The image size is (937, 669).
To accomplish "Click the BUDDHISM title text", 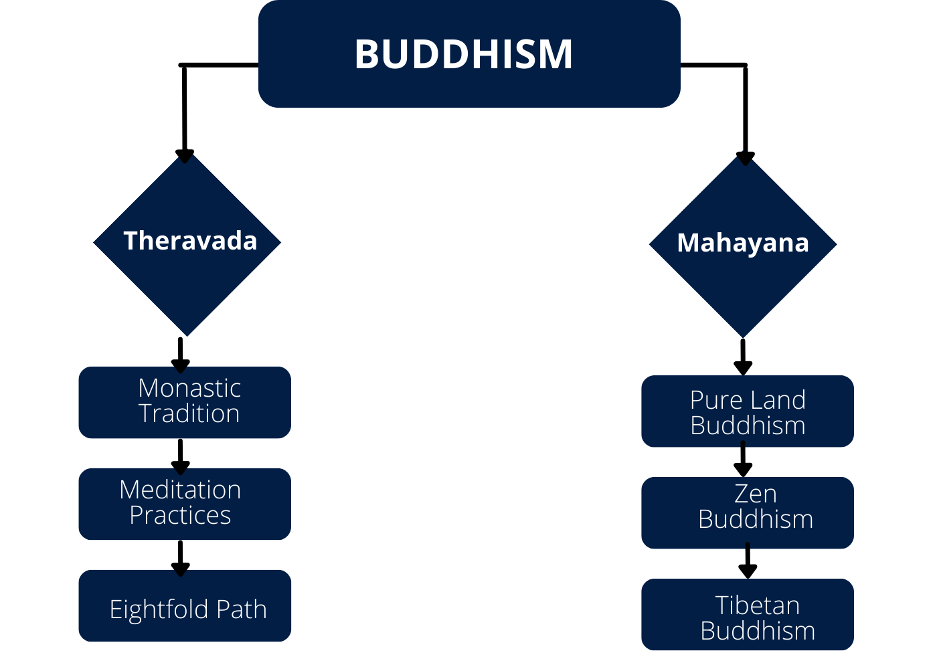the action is click(463, 54).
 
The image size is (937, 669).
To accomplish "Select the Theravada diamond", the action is click(187, 242).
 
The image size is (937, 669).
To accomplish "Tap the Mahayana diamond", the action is click(743, 245).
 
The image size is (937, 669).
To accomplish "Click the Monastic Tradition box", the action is click(185, 402).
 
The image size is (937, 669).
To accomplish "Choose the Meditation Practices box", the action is click(185, 504).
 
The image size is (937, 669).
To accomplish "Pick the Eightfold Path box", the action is click(185, 605).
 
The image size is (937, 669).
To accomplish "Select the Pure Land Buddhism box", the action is click(748, 411).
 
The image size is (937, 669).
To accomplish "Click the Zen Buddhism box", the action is click(748, 512).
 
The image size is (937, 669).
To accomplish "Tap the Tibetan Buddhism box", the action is click(748, 614).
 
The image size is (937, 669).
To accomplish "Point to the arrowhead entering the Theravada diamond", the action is click(185, 157).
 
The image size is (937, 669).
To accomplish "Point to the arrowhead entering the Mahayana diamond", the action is click(746, 159).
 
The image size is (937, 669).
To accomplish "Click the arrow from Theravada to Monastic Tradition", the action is click(180, 355).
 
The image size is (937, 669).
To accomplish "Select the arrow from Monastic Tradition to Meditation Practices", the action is click(180, 457).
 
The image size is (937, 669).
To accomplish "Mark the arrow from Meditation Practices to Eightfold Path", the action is click(180, 559).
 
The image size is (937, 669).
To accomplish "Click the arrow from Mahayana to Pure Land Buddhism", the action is click(743, 357).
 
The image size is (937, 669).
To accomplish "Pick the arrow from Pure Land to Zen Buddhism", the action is click(743, 459).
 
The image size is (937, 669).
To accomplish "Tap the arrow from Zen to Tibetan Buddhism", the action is click(748, 561).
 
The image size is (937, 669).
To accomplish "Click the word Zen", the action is click(756, 494).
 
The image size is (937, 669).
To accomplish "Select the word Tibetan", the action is click(758, 605).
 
